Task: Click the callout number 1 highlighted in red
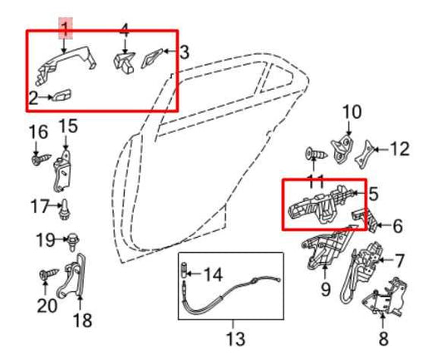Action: pyautogui.click(x=65, y=29)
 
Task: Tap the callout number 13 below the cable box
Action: pyautogui.click(x=235, y=338)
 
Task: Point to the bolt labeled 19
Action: pyautogui.click(x=73, y=241)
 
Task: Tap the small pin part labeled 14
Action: pyautogui.click(x=184, y=271)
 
